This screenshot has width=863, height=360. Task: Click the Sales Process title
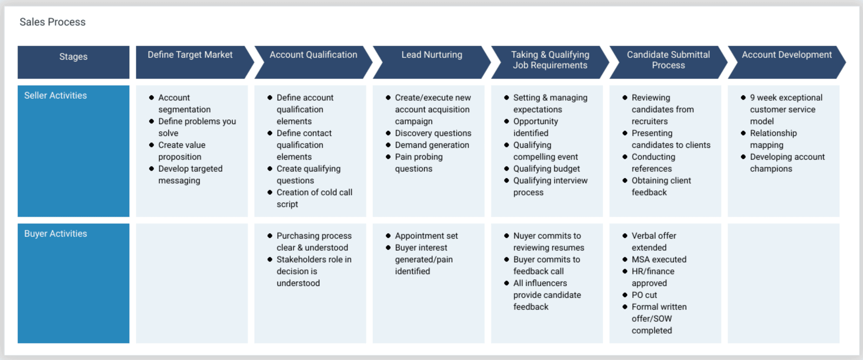(52, 22)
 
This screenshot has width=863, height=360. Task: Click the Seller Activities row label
(55, 96)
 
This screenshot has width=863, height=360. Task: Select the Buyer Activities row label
(55, 234)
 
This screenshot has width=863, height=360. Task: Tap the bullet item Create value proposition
(181, 151)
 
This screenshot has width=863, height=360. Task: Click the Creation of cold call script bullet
(314, 198)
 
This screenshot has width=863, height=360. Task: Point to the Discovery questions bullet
(433, 133)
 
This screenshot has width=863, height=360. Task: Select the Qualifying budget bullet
(546, 169)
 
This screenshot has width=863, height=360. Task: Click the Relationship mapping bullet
(773, 139)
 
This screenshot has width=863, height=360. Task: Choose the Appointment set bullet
(426, 236)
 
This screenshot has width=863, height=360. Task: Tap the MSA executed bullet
(659, 260)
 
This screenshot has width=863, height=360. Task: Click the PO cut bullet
(644, 295)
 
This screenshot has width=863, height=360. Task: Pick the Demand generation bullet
(432, 145)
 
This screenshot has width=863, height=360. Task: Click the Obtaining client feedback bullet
(661, 186)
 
